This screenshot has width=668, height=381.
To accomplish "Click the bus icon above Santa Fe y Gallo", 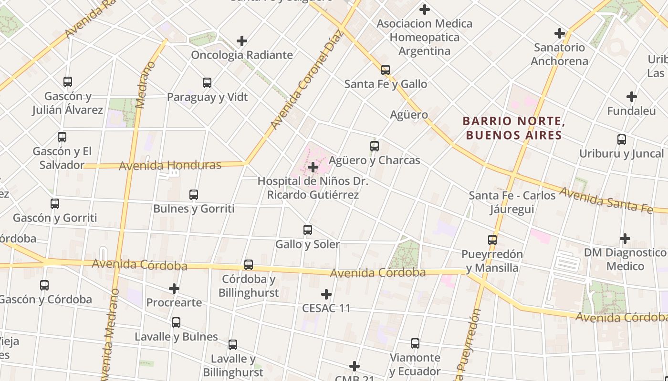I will [386, 70].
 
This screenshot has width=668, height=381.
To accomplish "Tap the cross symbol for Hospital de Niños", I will [313, 167].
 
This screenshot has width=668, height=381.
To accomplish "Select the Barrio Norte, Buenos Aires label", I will [514, 128].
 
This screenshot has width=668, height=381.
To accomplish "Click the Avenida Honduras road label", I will [170, 166].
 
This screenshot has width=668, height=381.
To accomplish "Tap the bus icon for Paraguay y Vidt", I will [207, 83].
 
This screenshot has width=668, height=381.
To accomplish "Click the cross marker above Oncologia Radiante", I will [242, 41].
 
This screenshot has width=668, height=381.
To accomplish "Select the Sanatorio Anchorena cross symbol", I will [560, 33].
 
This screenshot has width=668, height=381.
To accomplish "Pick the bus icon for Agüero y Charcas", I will [375, 146].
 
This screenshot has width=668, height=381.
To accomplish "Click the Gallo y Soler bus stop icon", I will [308, 230].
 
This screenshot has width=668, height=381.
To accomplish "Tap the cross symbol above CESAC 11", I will [326, 294].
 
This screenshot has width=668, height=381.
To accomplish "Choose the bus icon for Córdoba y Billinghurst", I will [249, 265].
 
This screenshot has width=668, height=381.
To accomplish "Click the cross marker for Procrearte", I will [174, 288].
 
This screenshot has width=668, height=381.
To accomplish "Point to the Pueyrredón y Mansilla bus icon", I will [492, 240].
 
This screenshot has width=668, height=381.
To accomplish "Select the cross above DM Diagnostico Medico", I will [625, 238].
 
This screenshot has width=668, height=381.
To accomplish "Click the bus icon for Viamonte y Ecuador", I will [415, 343].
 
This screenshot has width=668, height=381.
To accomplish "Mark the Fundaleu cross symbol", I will [632, 97].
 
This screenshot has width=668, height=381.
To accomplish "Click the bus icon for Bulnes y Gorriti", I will [194, 195].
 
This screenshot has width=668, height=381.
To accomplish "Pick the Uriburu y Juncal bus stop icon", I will [622, 140].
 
